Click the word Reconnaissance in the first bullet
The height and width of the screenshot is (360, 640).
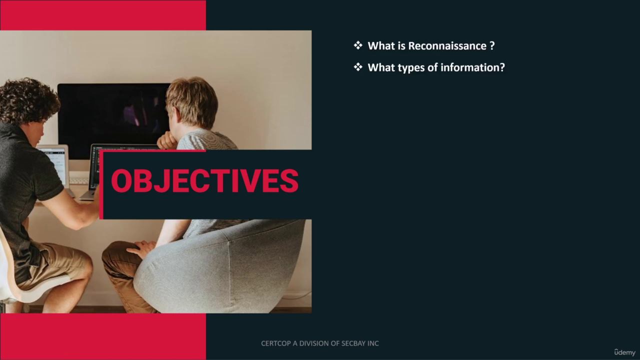coord(447,45)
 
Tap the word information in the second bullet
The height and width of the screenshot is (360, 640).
coord(473,67)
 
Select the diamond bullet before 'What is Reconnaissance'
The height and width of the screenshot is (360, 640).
coord(358,45)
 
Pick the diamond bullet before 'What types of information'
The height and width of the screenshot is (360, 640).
coord(358,67)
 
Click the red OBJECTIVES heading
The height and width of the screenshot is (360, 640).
coord(205,181)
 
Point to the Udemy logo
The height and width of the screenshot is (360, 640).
coord(625,352)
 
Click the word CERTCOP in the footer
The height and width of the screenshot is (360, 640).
coord(275,343)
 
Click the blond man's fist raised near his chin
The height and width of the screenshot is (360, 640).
coord(167,140)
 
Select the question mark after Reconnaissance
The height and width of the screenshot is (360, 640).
coord(492,45)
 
